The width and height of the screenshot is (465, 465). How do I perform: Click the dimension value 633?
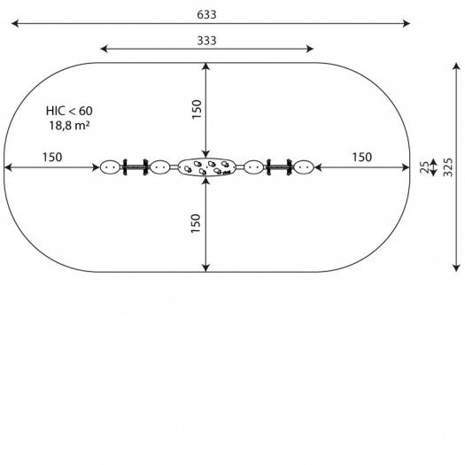tap(206, 14)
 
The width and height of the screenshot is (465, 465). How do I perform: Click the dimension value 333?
tap(206, 41)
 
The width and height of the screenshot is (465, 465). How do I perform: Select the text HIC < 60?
tap(69, 111)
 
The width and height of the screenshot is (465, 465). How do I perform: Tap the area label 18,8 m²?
tap(69, 126)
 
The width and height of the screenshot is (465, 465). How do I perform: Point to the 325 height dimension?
tap(448, 167)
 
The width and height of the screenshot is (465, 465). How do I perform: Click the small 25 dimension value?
tap(424, 167)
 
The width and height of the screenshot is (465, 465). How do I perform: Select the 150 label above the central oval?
tap(197, 109)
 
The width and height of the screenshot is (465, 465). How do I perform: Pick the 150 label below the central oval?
tap(196, 223)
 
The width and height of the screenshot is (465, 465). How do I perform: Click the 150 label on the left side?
tap(52, 157)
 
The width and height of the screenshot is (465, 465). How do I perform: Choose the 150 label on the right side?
tap(361, 157)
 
